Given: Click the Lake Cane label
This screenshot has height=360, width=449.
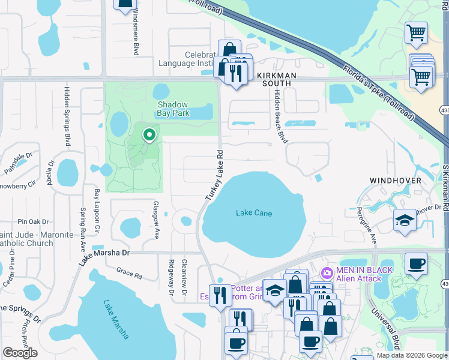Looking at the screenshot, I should (254, 213).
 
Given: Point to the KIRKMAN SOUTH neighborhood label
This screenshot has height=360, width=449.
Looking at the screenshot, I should (277, 79).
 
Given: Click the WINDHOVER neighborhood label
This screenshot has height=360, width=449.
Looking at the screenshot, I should (394, 180).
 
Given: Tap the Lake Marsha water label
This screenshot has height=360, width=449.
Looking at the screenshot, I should (116, 319).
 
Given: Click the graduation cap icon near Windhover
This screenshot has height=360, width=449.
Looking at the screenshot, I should (405, 220).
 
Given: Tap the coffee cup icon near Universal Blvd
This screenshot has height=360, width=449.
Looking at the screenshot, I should (415, 263).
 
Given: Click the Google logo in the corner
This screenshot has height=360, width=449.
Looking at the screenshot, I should (20, 353).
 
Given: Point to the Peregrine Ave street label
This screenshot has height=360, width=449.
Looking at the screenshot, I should (372, 227).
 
